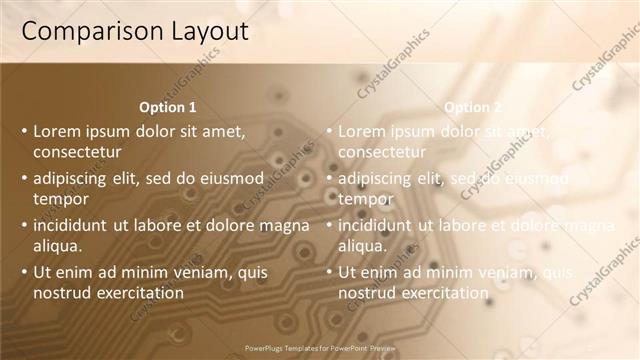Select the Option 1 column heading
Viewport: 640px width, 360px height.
[x=168, y=107]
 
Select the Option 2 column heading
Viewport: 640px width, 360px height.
[x=473, y=107]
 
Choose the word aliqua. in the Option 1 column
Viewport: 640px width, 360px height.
[x=58, y=246]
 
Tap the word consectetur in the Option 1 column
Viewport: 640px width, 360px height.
[x=77, y=152]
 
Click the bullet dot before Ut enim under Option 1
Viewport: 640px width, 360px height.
[x=25, y=272]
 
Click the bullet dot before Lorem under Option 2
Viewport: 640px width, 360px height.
[x=329, y=131]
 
